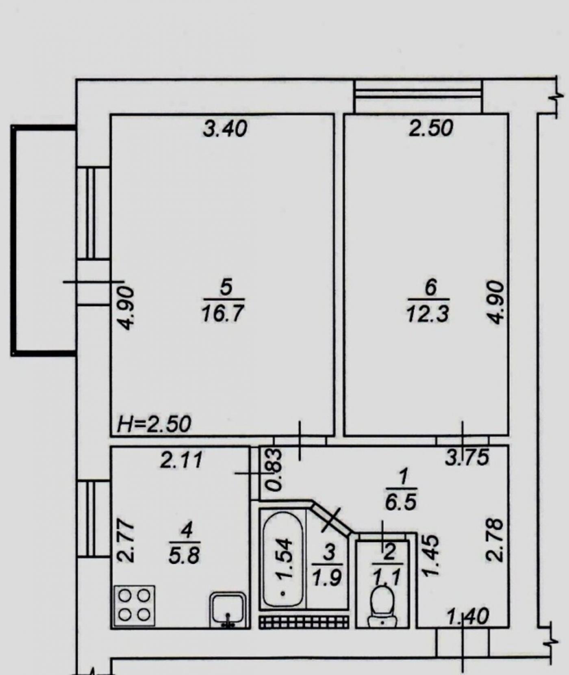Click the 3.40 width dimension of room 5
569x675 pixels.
pyautogui.click(x=225, y=129)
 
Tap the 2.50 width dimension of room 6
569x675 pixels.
pyautogui.click(x=430, y=128)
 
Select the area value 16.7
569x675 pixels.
pyautogui.click(x=223, y=314)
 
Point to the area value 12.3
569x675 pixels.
pyautogui.click(x=428, y=314)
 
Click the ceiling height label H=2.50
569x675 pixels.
pyautogui.click(x=154, y=424)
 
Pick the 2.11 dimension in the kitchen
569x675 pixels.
pyautogui.click(x=181, y=461)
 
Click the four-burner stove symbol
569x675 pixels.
pyautogui.click(x=135, y=606)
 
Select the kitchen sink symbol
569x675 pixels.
pyautogui.click(x=228, y=610)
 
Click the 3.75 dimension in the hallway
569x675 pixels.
pyautogui.click(x=467, y=458)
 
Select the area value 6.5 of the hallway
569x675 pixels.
pyautogui.click(x=400, y=502)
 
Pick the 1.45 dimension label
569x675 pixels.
pyautogui.click(x=431, y=555)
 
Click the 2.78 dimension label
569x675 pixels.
pyautogui.click(x=495, y=540)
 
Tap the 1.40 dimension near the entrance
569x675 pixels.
pyautogui.click(x=468, y=617)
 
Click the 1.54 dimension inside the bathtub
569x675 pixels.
pyautogui.click(x=284, y=558)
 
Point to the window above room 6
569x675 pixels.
pyautogui.click(x=419, y=96)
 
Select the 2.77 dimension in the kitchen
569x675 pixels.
pyautogui.click(x=126, y=541)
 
